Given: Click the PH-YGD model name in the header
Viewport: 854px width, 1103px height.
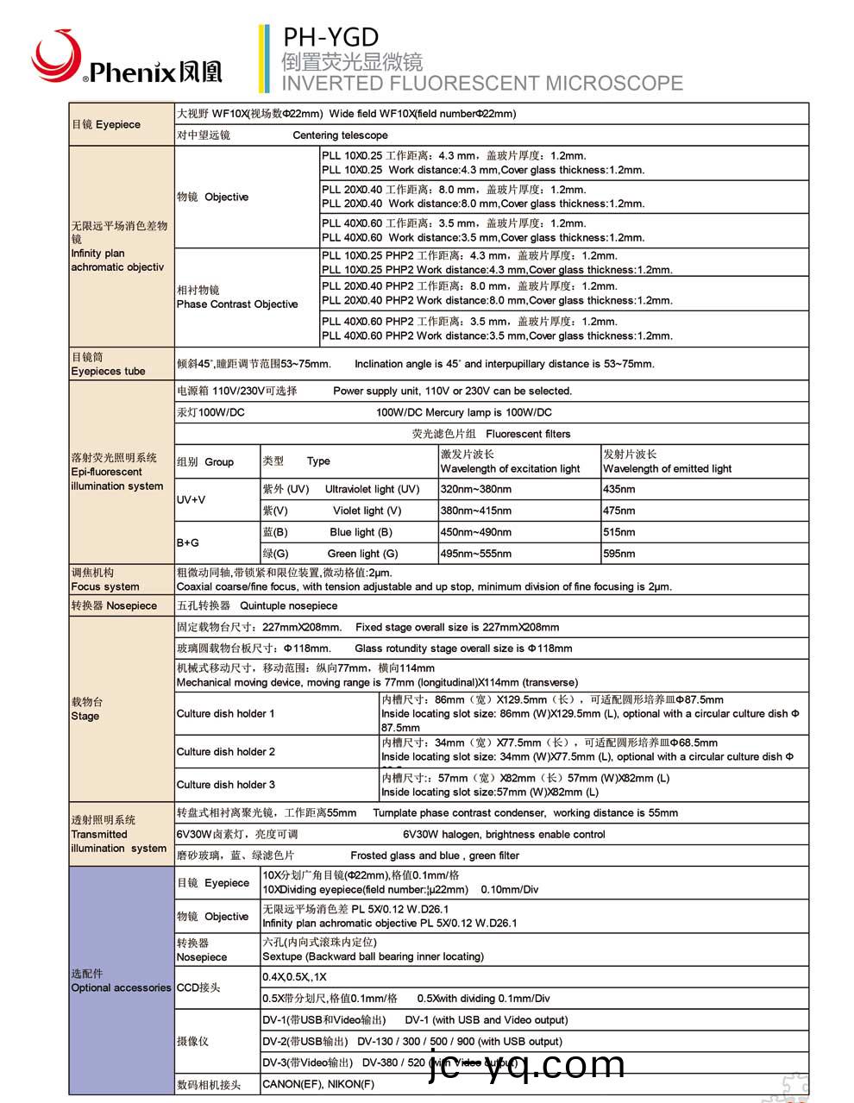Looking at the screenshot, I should [x=331, y=38].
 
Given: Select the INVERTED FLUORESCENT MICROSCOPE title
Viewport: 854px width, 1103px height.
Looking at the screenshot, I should [x=481, y=84].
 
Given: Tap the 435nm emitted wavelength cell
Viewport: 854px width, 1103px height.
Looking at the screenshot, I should [x=619, y=489].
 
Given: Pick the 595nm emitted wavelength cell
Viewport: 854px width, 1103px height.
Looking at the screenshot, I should [x=619, y=554].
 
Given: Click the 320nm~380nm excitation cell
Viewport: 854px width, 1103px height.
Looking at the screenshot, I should [x=475, y=489].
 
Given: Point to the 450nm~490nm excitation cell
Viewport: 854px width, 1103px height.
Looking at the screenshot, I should [x=475, y=532].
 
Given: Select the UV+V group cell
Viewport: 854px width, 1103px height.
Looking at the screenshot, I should [x=192, y=499].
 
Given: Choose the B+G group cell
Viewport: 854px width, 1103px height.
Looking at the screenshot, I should [x=188, y=542].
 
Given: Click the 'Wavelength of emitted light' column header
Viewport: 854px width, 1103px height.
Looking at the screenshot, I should [x=667, y=469].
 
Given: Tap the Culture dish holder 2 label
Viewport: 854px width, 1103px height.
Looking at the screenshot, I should [x=226, y=751].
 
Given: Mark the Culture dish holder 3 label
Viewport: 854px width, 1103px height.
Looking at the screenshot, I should [x=226, y=785].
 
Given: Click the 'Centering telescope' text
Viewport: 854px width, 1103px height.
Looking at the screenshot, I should [x=340, y=135].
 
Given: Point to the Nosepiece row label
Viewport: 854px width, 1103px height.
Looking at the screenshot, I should [x=114, y=605].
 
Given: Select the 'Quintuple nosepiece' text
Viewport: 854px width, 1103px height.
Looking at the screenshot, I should [x=288, y=605].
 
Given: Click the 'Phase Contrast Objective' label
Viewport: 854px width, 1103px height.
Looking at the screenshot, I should [x=237, y=304].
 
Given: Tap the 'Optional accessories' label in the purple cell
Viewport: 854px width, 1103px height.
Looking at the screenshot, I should [x=121, y=987].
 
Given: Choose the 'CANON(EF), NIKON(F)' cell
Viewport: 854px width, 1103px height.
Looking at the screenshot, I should [x=318, y=1084].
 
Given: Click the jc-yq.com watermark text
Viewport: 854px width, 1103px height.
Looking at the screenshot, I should [x=526, y=1066].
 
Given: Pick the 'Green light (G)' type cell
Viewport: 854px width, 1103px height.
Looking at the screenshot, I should [x=362, y=554].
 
